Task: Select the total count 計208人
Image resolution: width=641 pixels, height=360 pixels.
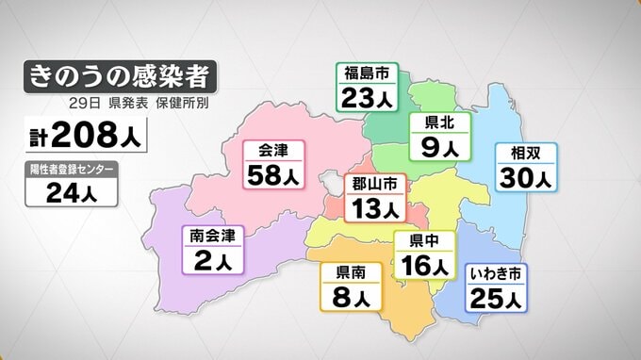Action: [x=86, y=138]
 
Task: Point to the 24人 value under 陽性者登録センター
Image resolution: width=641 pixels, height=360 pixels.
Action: [x=72, y=194]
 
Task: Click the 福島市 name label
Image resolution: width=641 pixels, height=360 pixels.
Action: [x=367, y=74]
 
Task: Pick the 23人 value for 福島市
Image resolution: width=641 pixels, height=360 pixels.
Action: [x=367, y=96]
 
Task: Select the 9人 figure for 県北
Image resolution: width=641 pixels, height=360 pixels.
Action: [x=439, y=147]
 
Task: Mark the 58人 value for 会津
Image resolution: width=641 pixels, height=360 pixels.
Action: [x=273, y=175]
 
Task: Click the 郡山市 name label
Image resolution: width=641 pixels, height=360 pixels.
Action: [x=374, y=182]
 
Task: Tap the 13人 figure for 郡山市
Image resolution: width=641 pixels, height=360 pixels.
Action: [x=374, y=205]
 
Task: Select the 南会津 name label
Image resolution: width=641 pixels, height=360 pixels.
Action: [x=212, y=236]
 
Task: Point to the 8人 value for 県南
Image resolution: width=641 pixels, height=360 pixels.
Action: [x=351, y=297]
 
